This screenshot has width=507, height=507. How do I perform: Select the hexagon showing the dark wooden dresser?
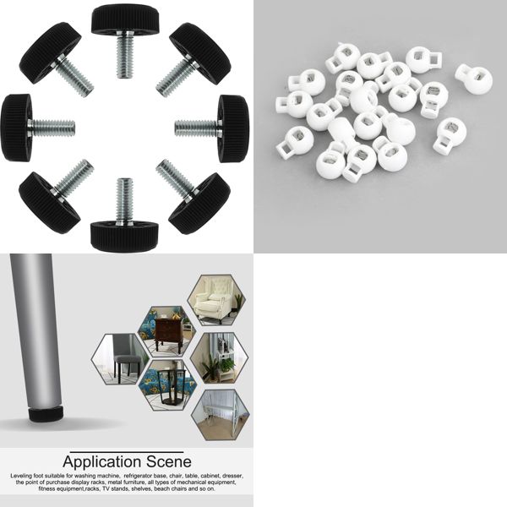point(166,330)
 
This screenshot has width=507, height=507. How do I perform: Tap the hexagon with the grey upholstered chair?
point(120,359)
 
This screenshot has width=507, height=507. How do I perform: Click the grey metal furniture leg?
point(34,338)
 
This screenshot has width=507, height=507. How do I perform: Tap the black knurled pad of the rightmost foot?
point(233,128)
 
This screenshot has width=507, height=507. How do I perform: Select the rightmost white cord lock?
point(474,79)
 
